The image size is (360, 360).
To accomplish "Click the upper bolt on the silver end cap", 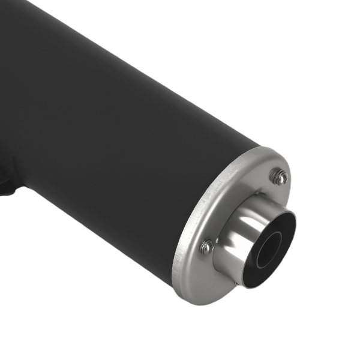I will pos(278,176).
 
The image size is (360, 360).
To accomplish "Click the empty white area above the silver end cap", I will pos(300,90).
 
